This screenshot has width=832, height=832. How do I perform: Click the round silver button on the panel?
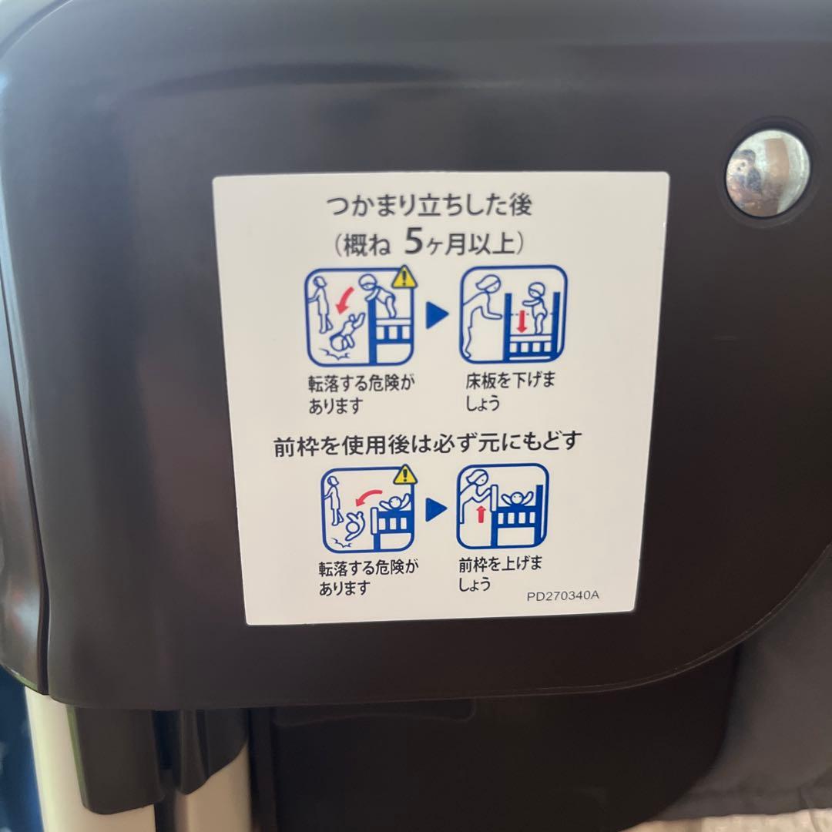pyautogui.click(x=767, y=173)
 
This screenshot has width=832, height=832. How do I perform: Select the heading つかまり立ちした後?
pyautogui.click(x=429, y=206)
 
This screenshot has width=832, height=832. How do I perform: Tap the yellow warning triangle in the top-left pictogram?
pyautogui.click(x=403, y=277)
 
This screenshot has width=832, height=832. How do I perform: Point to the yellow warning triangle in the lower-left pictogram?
pyautogui.click(x=404, y=475)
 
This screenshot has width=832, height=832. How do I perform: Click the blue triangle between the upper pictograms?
pyautogui.click(x=437, y=314)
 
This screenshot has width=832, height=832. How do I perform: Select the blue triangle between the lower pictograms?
pyautogui.click(x=436, y=508)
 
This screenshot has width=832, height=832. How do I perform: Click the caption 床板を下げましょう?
pyautogui.click(x=508, y=392)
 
